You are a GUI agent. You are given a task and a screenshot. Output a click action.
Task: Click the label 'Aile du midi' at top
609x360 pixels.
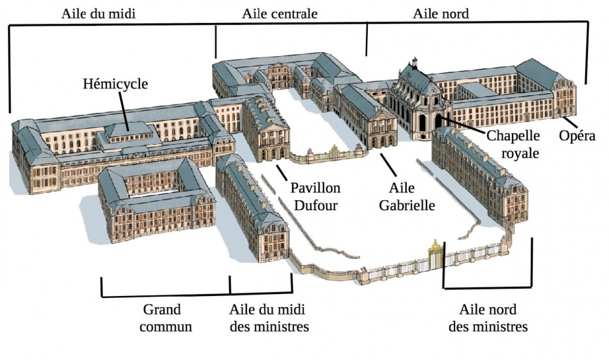(98, 14)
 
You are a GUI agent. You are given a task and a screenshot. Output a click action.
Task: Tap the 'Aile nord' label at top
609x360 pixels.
(441, 14)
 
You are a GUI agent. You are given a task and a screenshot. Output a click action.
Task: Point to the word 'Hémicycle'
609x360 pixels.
(115, 83)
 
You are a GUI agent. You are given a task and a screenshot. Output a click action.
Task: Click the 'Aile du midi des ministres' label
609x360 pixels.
(269, 317)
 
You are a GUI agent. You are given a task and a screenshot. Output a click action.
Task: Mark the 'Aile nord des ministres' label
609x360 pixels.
(488, 317)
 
